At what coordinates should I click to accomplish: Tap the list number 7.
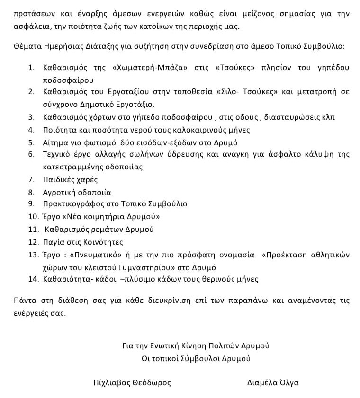pyautogui.click(x=32, y=179)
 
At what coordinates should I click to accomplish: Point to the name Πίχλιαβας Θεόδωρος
pyautogui.click(x=132, y=383)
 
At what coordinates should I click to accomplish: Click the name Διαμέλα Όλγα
pyautogui.click(x=273, y=383)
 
